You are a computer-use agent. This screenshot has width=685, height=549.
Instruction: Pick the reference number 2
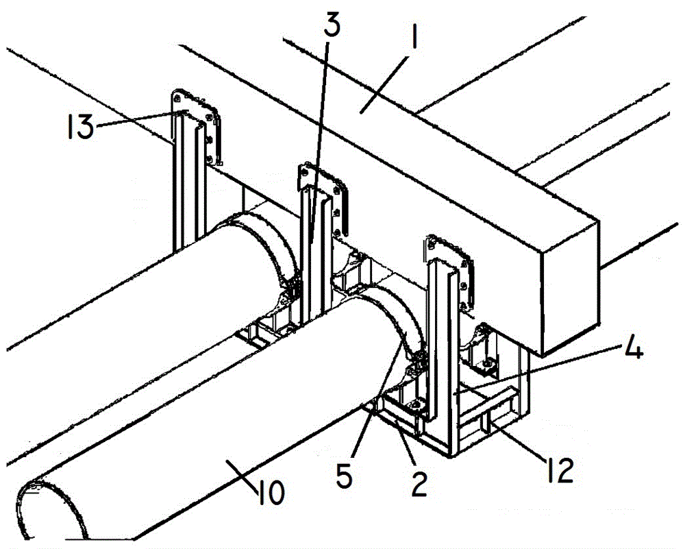tap(419, 485)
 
